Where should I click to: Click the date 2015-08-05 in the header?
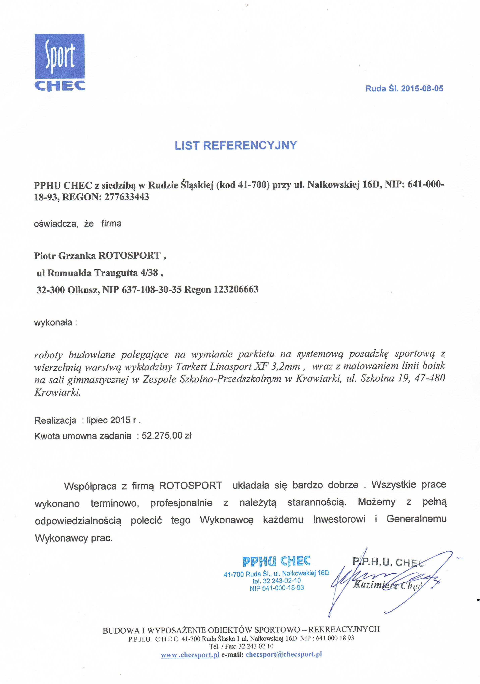click(422, 88)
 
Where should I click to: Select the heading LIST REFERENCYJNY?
click(236, 145)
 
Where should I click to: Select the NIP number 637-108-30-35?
click(151, 290)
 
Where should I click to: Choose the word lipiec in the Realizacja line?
click(97, 420)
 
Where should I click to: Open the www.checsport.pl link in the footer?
click(190, 655)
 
